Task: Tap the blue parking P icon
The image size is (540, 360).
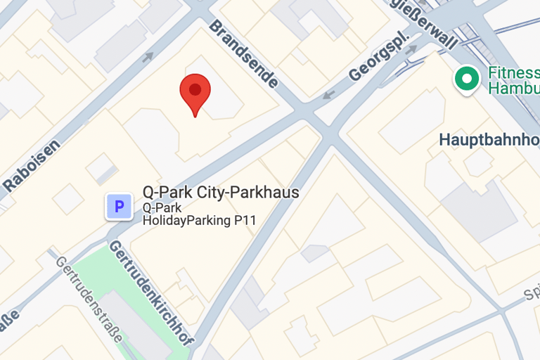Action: tap(119, 207)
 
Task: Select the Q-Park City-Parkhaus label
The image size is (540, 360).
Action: tap(221, 192)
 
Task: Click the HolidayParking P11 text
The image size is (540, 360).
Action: tap(199, 221)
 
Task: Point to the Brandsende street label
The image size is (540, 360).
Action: tap(243, 53)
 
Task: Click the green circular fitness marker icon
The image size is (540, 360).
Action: tap(465, 79)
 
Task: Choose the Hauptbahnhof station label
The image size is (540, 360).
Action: tap(489, 139)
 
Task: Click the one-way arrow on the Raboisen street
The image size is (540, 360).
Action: tap(147, 57)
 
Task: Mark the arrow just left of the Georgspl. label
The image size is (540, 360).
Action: tap(328, 95)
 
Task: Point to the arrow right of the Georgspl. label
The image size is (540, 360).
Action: tap(411, 49)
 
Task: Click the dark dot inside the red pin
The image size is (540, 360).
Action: tap(195, 89)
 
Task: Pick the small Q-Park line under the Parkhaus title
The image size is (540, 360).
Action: tap(162, 207)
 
